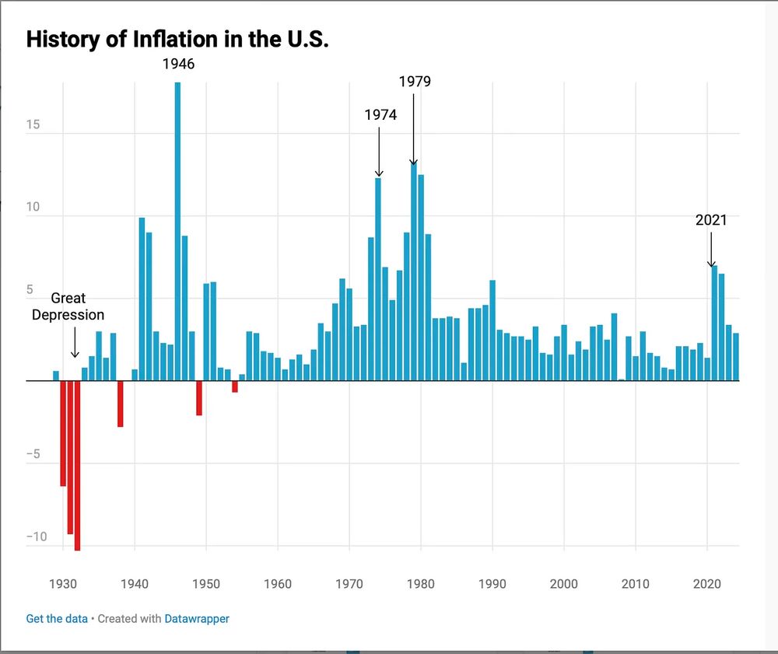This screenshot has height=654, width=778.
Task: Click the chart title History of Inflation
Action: (x=177, y=40)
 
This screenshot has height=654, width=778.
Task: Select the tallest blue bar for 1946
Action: (x=177, y=233)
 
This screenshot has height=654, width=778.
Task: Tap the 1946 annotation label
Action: (x=178, y=65)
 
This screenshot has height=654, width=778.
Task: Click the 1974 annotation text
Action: (x=380, y=115)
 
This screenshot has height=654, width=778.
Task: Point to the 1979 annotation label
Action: (x=415, y=82)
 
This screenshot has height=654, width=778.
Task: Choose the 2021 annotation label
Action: (x=711, y=221)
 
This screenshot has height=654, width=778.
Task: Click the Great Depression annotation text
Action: (x=68, y=306)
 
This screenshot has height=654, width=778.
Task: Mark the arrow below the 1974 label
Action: (x=379, y=152)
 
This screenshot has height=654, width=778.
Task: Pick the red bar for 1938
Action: (x=121, y=404)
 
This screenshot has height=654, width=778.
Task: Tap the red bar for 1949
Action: (x=199, y=398)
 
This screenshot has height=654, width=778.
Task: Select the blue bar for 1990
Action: (x=492, y=330)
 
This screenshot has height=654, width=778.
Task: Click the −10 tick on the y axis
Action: (x=36, y=537)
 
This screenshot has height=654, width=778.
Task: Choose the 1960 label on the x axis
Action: (x=278, y=584)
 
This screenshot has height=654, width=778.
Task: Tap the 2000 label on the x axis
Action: (x=564, y=584)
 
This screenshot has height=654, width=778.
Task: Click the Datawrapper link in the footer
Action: (x=197, y=619)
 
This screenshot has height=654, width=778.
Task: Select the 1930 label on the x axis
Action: (x=63, y=584)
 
